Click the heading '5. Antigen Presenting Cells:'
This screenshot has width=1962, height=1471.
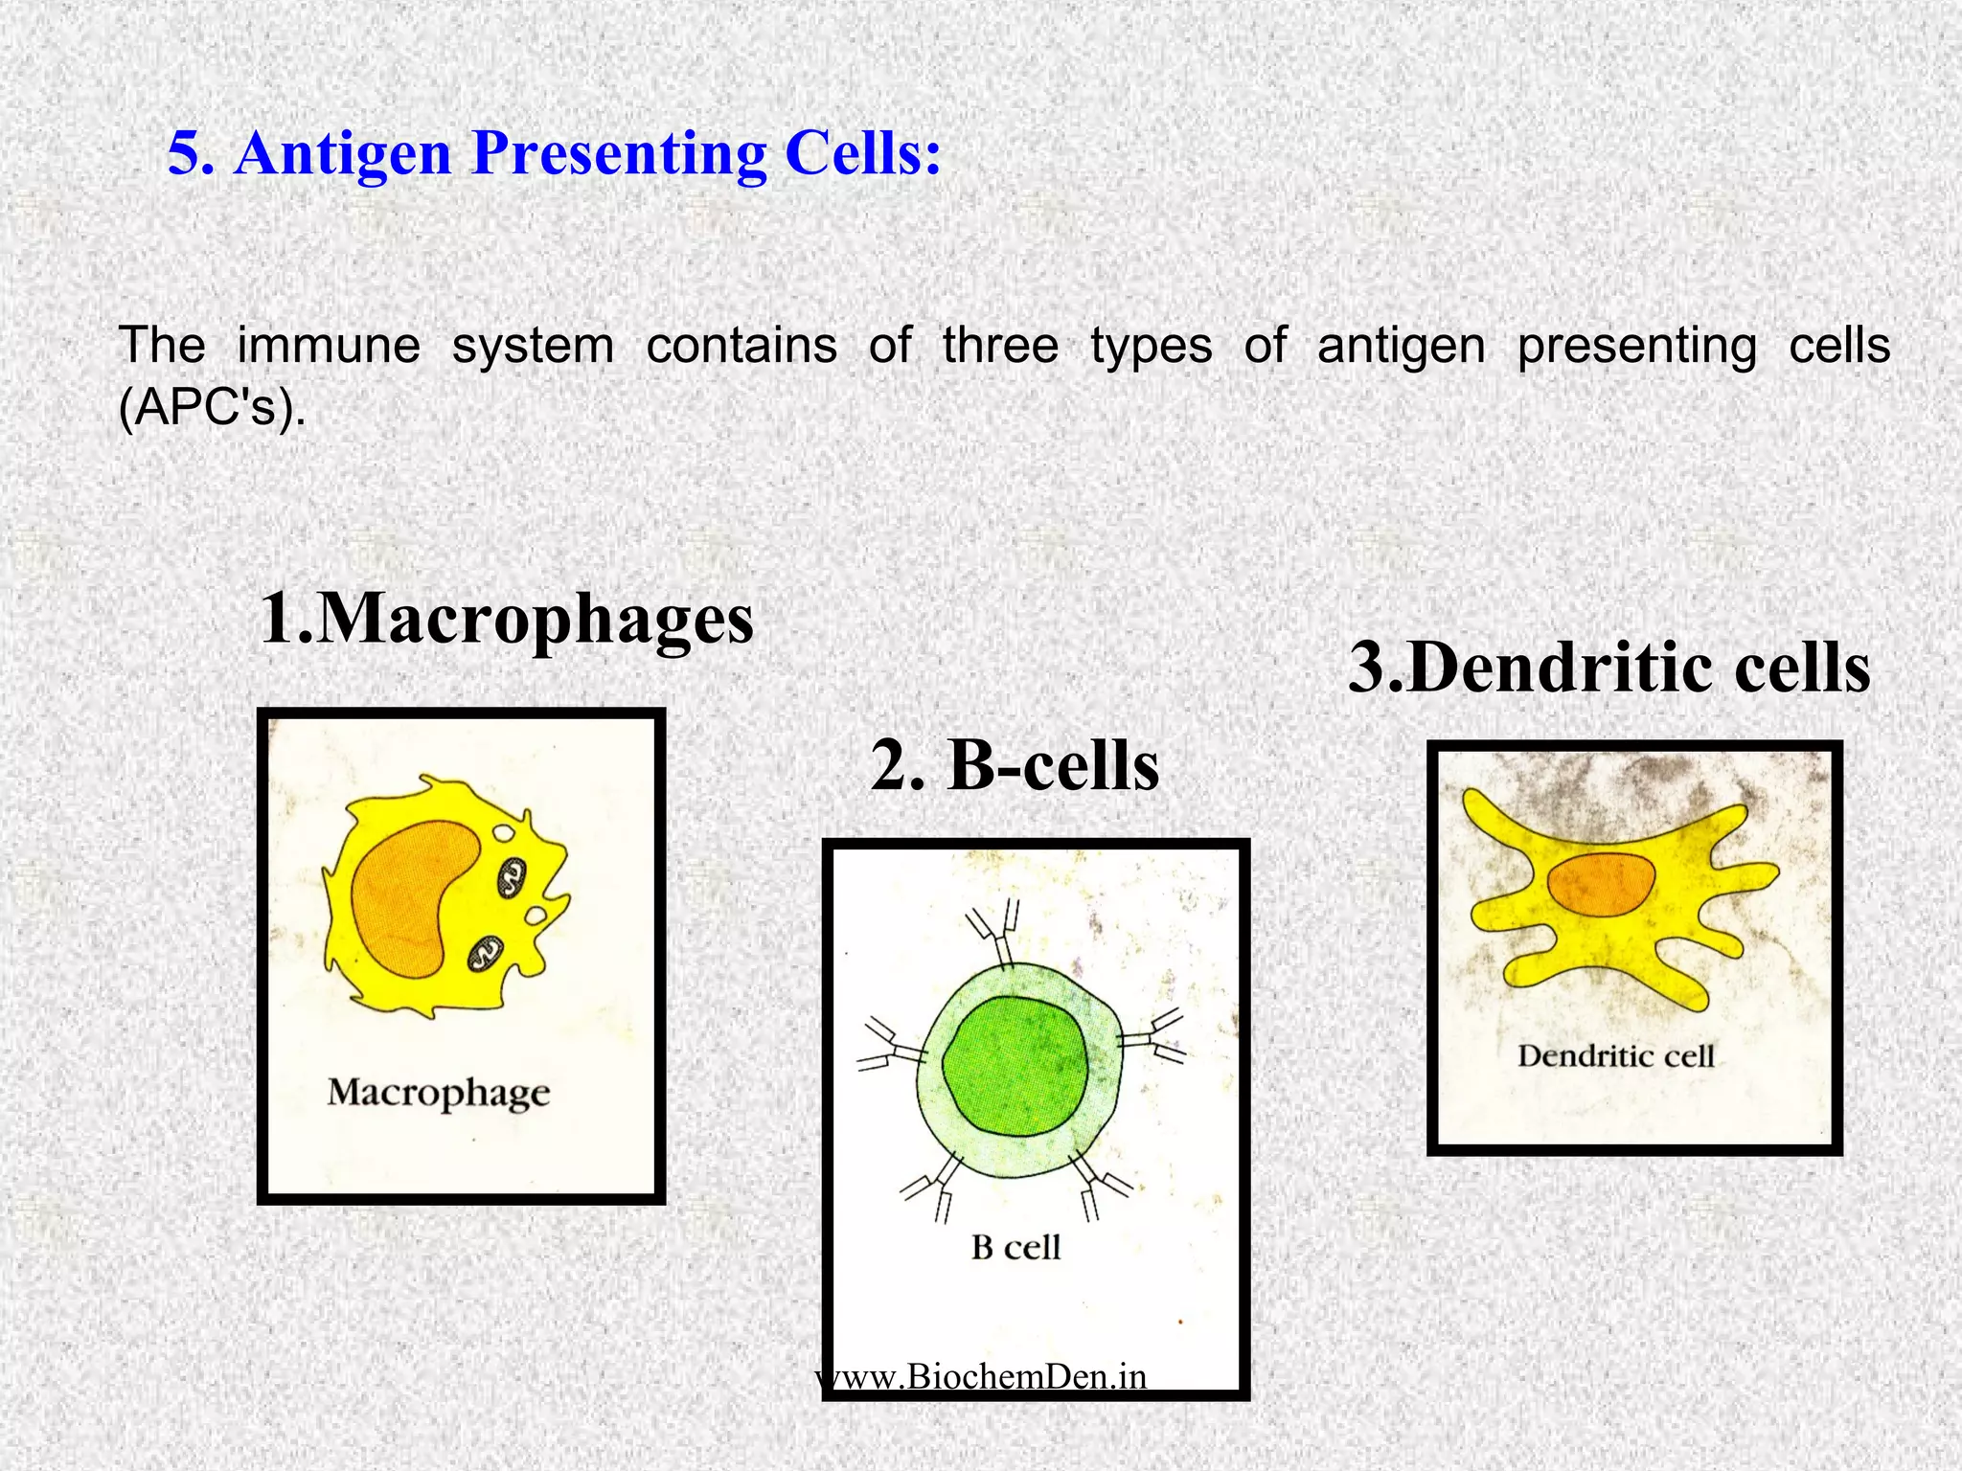click(x=554, y=153)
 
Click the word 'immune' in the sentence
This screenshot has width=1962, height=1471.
click(x=328, y=345)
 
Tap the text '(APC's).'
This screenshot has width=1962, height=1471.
click(x=212, y=409)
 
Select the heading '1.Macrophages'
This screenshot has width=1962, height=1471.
click(x=506, y=620)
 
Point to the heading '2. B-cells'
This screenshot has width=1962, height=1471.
click(x=1015, y=766)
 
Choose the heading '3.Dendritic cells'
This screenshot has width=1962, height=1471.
click(x=1608, y=668)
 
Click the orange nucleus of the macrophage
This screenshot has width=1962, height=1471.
click(x=415, y=897)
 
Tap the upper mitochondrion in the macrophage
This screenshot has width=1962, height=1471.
click(x=513, y=876)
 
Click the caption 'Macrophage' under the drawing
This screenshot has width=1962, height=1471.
click(x=439, y=1092)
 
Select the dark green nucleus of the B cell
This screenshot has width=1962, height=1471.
click(x=1015, y=1065)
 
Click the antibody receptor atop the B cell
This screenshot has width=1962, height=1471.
click(x=996, y=933)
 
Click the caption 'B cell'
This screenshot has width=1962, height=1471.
click(x=1015, y=1247)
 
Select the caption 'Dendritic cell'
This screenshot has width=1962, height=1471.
click(x=1615, y=1056)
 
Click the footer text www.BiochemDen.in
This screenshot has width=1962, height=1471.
click(x=981, y=1376)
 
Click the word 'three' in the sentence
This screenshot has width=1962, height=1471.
click(x=1000, y=345)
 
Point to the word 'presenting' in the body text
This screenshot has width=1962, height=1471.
click(x=1637, y=345)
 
